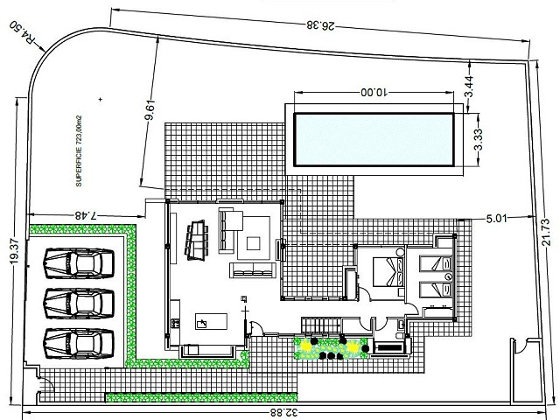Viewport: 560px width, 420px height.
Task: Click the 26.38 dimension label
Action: pyautogui.click(x=320, y=25)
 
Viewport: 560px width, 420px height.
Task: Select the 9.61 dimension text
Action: pyautogui.click(x=150, y=110)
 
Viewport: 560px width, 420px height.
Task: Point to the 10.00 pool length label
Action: pyautogui.click(x=374, y=93)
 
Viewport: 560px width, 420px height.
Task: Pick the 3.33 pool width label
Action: pyautogui.click(x=479, y=139)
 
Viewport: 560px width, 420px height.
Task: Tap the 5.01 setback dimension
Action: pyautogui.click(x=496, y=218)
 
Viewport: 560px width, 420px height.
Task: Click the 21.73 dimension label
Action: pyautogui.click(x=546, y=232)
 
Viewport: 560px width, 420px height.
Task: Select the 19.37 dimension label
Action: pyautogui.click(x=14, y=251)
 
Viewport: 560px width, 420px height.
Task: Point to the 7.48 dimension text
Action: pyautogui.click(x=86, y=215)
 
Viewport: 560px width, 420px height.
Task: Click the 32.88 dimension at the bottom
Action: pyautogui.click(x=283, y=413)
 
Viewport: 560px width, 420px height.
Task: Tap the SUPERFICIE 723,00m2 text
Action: pyautogui.click(x=79, y=150)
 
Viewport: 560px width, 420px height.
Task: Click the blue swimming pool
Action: pyautogui.click(x=374, y=139)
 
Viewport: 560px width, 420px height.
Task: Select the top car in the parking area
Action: pyautogui.click(x=79, y=263)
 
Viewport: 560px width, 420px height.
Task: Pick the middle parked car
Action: pyautogui.click(x=79, y=304)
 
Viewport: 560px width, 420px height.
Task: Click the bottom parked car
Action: pyautogui.click(x=79, y=343)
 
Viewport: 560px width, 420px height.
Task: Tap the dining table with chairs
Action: pyautogui.click(x=196, y=240)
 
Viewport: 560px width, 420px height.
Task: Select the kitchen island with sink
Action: pyautogui.click(x=211, y=321)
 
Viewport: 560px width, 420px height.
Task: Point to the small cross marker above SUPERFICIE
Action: pyautogui.click(x=101, y=99)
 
